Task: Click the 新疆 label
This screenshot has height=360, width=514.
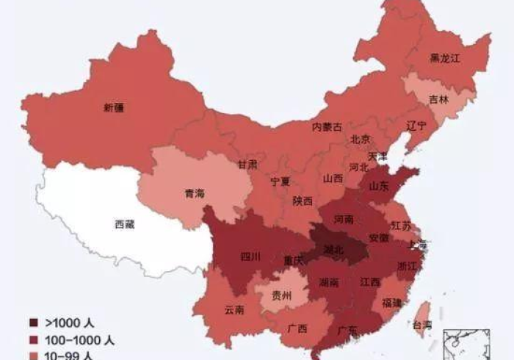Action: coord(114,107)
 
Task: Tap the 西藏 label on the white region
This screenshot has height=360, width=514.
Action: coord(124,224)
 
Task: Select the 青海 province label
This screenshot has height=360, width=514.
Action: coord(195,194)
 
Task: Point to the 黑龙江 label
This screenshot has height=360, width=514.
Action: coord(444,58)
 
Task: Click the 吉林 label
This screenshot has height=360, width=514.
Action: coord(438,98)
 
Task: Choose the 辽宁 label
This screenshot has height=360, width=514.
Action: coord(416,126)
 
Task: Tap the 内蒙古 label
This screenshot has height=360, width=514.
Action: coord(327,126)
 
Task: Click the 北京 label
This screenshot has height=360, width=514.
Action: coord(360,140)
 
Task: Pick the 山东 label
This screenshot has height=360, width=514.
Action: coord(378,187)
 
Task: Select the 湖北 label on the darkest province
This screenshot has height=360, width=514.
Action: coord(333,250)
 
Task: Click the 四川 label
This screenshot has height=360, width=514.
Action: coord(250,257)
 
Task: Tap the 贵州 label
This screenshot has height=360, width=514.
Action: coord(281,296)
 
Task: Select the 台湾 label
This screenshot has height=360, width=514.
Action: coord(421,325)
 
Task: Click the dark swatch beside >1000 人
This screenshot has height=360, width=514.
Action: coord(34,323)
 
